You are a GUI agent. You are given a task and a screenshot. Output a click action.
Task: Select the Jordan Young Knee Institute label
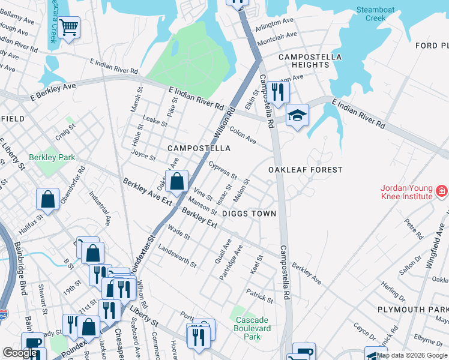(x=406, y=191)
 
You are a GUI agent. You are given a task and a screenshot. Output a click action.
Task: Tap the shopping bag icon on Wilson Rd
(x=177, y=181)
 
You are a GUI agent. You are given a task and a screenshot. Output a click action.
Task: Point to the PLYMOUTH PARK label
(x=413, y=309)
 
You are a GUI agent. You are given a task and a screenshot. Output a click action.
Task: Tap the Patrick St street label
(x=260, y=296)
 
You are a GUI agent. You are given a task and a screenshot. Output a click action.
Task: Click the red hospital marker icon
(x=441, y=191)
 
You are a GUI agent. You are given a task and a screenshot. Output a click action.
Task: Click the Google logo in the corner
(x=20, y=353)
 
